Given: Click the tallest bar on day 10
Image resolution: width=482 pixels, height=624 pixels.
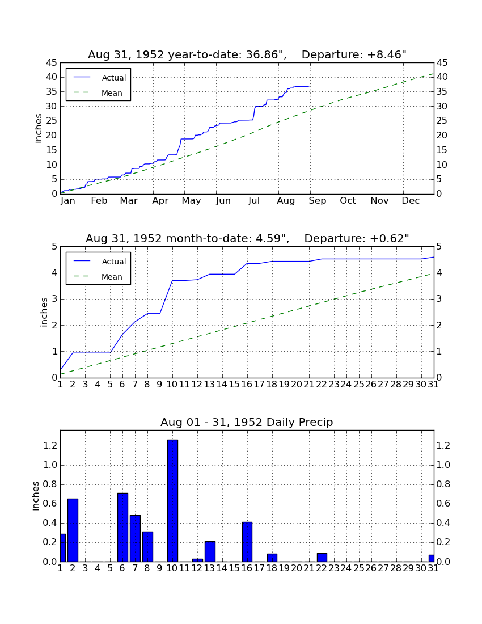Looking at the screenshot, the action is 172,501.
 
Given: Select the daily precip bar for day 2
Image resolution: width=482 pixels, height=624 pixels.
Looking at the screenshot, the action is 73,530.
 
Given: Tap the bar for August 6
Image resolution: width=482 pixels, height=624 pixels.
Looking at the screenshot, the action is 122,528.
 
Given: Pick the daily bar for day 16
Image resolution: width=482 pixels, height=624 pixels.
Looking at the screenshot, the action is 247,542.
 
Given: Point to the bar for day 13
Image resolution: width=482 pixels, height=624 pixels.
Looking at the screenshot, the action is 210,551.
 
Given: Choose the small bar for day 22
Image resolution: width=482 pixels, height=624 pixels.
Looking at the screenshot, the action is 322,557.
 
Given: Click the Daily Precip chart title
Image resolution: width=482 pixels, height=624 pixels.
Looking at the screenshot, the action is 247,422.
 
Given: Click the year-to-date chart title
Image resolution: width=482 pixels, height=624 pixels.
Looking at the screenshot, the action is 247,54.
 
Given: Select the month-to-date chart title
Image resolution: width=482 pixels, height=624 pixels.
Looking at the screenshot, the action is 247,238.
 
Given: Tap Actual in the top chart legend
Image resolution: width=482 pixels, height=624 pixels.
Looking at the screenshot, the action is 114,78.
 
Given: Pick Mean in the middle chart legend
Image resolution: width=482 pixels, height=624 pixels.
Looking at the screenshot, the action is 112,277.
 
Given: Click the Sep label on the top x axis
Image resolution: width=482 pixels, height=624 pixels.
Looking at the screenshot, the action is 318,201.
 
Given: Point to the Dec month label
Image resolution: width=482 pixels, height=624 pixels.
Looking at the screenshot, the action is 411,201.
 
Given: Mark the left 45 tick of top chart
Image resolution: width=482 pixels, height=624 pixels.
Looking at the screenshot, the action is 52,63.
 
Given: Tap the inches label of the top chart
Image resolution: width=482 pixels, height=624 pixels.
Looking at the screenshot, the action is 38,128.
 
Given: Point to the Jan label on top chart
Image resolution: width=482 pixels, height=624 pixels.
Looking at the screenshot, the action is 68,201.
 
